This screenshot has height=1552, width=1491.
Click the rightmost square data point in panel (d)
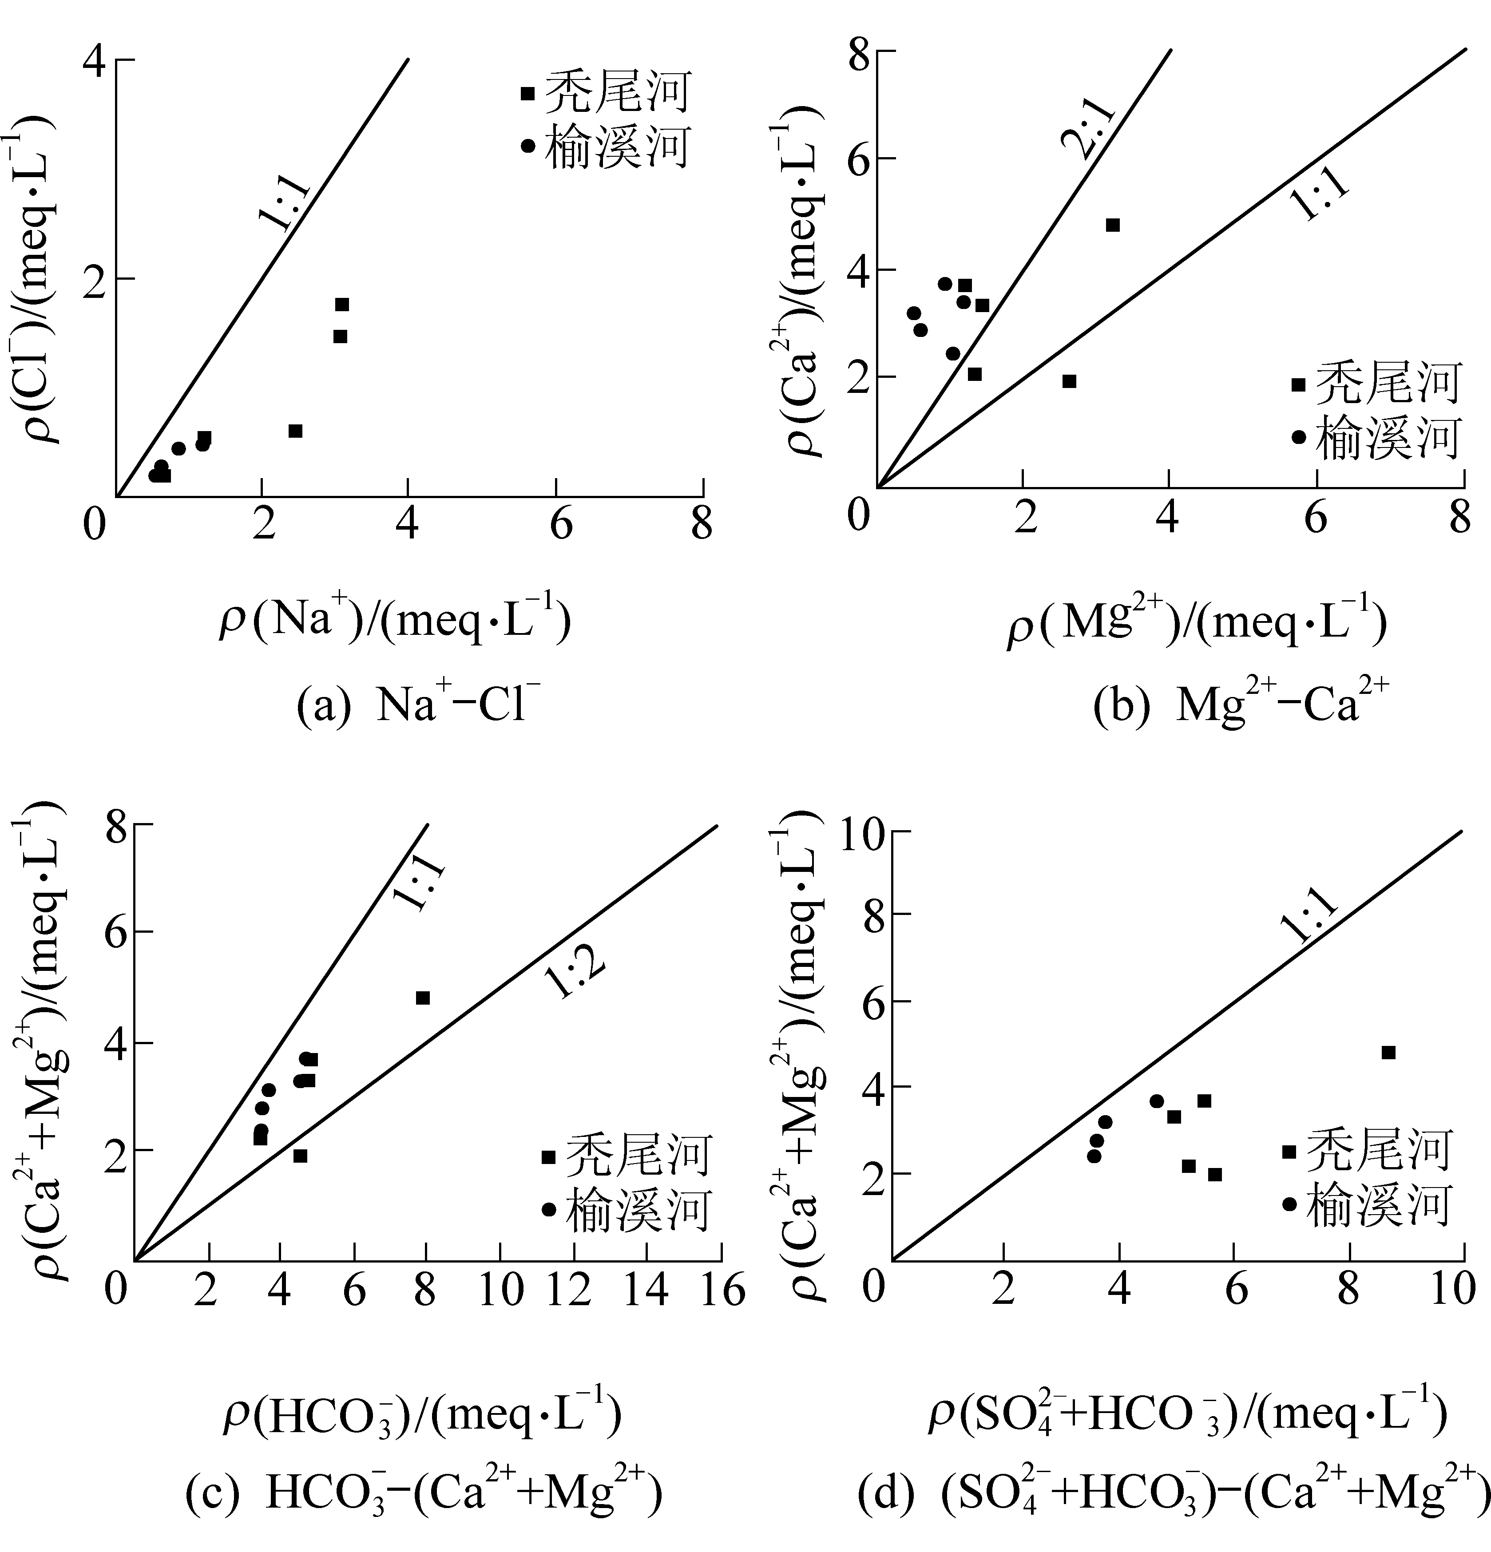pos(1388,1053)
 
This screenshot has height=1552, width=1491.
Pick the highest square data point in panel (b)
pos(1113,225)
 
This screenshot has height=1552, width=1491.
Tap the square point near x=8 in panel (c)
pos(423,998)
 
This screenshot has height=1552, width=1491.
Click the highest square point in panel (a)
pos(342,305)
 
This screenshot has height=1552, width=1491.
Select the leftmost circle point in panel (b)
pos(914,313)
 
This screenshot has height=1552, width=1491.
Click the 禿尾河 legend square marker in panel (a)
pos(527,93)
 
